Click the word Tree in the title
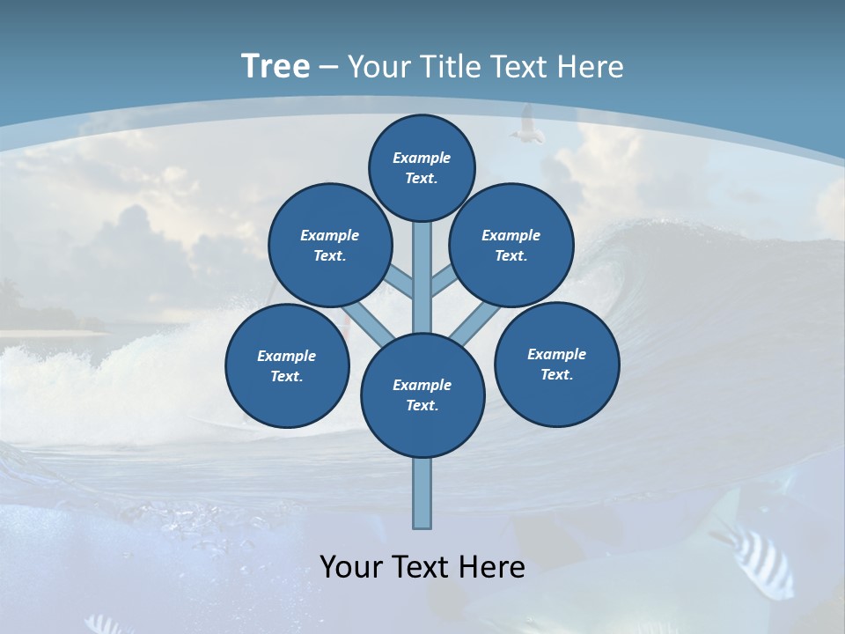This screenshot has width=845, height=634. click(276, 67)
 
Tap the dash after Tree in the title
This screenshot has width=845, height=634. click(327, 68)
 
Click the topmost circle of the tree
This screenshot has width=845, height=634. click(422, 167)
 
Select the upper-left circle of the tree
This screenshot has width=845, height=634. click(330, 245)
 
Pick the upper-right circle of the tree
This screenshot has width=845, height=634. click(511, 245)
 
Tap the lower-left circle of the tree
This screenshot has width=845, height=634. click(287, 365)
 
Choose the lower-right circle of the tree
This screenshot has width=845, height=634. click(556, 364)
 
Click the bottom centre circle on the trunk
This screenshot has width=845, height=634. click(422, 395)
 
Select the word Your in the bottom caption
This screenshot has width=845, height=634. click(348, 567)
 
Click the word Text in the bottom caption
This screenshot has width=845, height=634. click(419, 567)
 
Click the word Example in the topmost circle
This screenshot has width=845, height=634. click(422, 158)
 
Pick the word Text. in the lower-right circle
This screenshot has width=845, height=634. click(556, 374)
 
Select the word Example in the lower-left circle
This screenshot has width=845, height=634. click(286, 356)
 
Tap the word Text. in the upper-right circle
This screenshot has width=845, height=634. click(511, 255)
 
